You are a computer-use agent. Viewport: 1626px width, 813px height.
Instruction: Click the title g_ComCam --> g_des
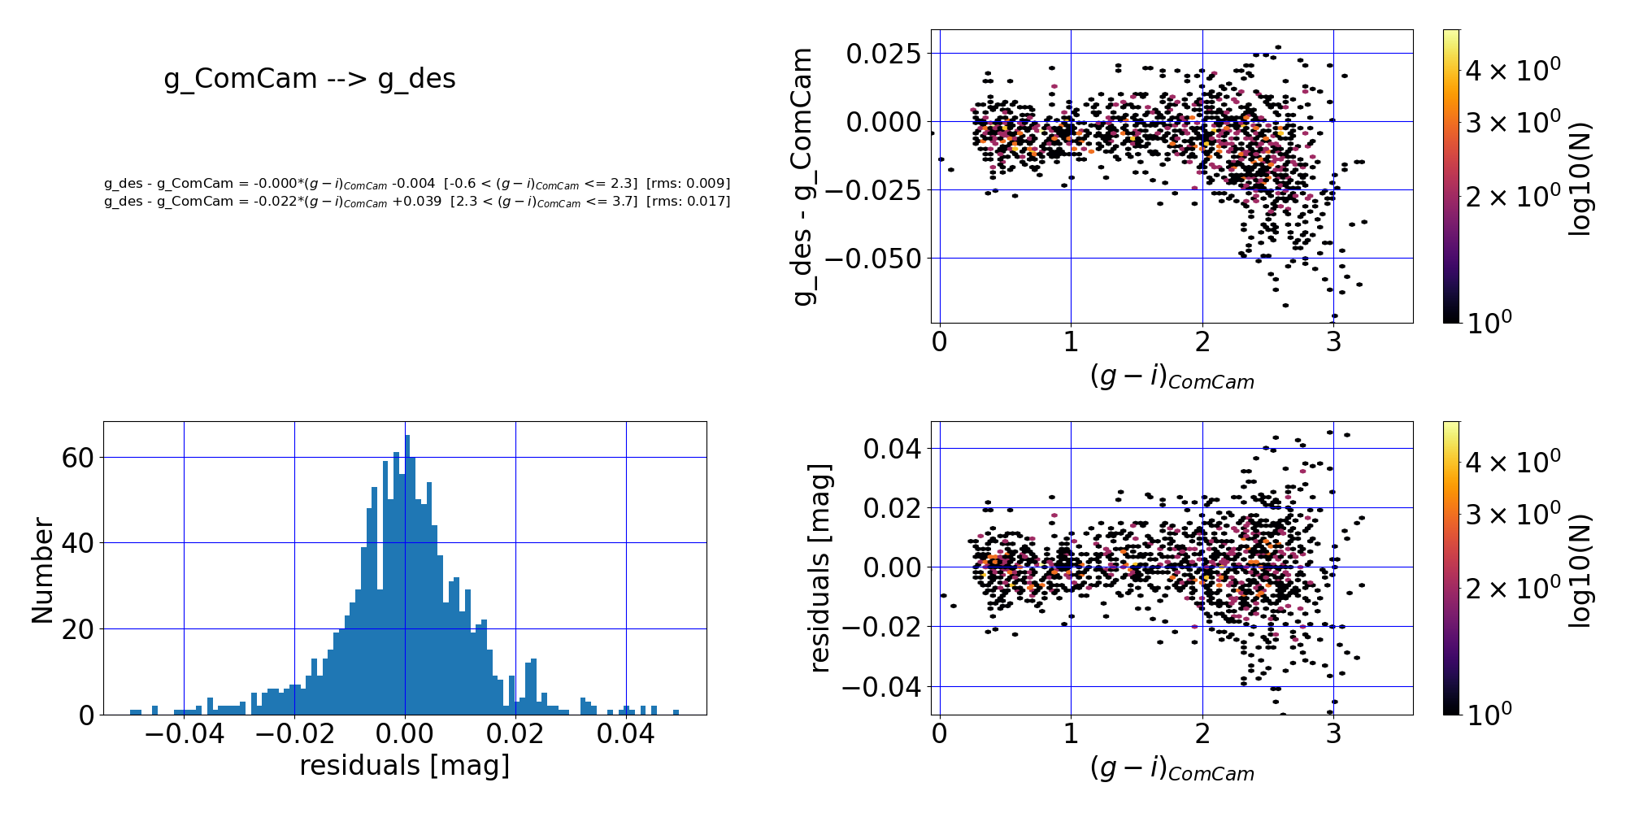pyautogui.click(x=310, y=79)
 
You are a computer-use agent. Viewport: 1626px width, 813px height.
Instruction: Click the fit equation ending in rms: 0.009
pyautogui.click(x=417, y=185)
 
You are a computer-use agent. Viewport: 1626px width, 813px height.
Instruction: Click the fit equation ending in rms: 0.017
pyautogui.click(x=417, y=202)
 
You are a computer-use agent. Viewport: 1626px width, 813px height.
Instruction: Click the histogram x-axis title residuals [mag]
pyautogui.click(x=405, y=766)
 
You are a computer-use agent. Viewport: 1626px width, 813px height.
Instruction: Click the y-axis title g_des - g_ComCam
pyautogui.click(x=803, y=176)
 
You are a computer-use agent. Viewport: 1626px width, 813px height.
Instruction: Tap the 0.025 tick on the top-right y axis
pyautogui.click(x=883, y=54)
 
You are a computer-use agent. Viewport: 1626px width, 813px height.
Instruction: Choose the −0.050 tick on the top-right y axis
pyautogui.click(x=873, y=259)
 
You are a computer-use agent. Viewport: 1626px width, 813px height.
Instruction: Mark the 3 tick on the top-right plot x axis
pyautogui.click(x=1333, y=341)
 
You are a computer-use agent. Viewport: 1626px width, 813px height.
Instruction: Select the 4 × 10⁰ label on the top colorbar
pyautogui.click(x=1512, y=70)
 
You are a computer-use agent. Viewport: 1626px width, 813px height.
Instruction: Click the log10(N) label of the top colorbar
pyautogui.click(x=1578, y=179)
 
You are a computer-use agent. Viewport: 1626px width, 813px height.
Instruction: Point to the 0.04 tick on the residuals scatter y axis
pyautogui.click(x=892, y=449)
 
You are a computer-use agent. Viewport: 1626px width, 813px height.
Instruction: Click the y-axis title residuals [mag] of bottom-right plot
pyautogui.click(x=820, y=568)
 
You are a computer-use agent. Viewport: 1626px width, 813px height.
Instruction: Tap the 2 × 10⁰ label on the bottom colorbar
pyautogui.click(x=1512, y=588)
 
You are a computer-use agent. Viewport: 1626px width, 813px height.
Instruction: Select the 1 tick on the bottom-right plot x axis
pyautogui.click(x=1071, y=733)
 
